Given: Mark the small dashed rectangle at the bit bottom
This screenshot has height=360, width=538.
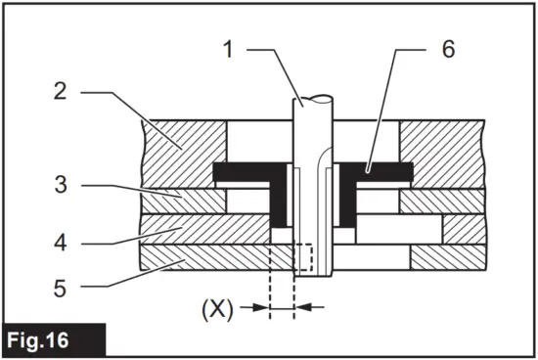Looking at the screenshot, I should coord(301,256).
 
